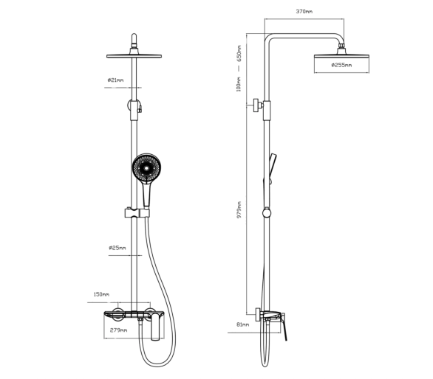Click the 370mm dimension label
[x=304, y=12]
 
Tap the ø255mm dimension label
[x=341, y=65]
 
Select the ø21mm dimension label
[x=115, y=80]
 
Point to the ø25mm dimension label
[x=117, y=248]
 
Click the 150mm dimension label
[x=101, y=294]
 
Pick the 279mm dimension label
[x=118, y=330]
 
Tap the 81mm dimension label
[x=243, y=324]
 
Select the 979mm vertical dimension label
[x=239, y=209]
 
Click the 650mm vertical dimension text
[x=239, y=53]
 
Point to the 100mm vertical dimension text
[x=239, y=84]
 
